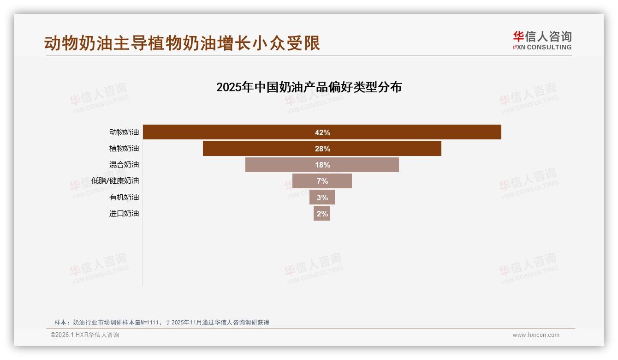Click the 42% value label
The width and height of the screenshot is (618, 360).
coord(322,132)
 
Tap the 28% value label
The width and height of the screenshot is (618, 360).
coord(322,149)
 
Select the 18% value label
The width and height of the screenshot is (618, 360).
coord(322,165)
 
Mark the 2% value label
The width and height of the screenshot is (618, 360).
coord(322,213)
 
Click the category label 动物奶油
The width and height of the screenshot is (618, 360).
coord(124,132)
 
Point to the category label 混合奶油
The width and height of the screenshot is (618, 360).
coord(124,164)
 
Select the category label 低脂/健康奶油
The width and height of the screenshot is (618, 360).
coord(115,180)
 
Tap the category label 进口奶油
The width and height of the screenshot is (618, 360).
coord(124,213)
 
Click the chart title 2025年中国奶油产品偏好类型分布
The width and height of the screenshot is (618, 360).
coord(309,87)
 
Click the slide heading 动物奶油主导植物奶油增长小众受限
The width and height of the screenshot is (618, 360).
coord(182,43)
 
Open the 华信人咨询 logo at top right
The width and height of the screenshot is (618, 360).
coord(542,40)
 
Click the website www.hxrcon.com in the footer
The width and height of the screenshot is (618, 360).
coord(536,335)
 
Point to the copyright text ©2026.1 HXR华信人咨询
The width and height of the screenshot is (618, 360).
coord(85,335)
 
